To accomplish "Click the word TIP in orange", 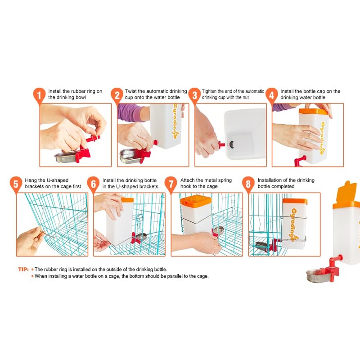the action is [x=23, y=269].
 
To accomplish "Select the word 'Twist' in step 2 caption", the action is [x=130, y=91].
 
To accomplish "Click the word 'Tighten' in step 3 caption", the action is [x=209, y=91].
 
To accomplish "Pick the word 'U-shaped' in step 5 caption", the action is [x=57, y=180].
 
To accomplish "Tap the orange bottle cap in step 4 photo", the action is [x=313, y=111].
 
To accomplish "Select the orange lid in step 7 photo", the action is [x=196, y=200].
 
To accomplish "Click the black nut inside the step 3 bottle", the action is [x=231, y=144].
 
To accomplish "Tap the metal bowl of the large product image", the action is [x=318, y=275].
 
